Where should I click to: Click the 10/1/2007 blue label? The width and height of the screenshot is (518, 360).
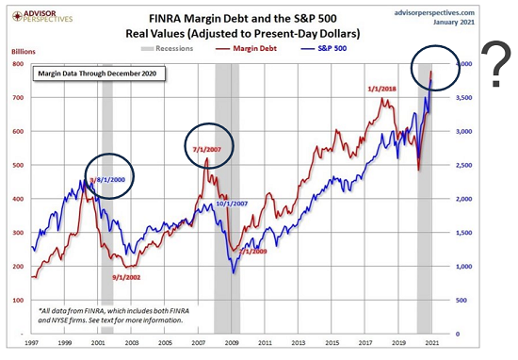point(232,203)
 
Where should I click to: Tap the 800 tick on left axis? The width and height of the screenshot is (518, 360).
point(17,64)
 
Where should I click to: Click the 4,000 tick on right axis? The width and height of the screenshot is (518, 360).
point(455,64)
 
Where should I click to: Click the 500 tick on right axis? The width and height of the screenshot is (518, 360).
point(457,300)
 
